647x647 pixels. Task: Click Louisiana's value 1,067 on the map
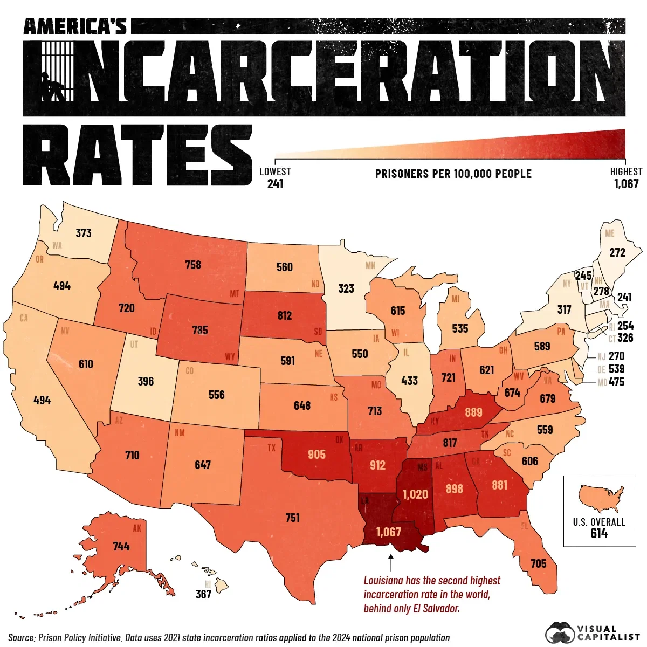click(389, 532)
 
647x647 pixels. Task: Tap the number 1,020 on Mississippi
click(415, 494)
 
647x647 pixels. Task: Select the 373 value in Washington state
click(84, 233)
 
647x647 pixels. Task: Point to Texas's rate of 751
click(292, 518)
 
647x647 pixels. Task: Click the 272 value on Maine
click(617, 252)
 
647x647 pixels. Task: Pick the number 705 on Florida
click(539, 564)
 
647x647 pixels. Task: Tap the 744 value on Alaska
click(121, 547)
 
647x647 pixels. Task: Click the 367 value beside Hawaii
click(203, 595)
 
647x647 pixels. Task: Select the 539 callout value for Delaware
click(616, 369)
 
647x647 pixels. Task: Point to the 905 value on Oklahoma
click(317, 455)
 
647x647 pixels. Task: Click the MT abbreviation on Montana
click(235, 294)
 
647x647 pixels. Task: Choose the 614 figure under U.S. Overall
click(599, 534)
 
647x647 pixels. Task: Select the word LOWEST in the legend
click(275, 172)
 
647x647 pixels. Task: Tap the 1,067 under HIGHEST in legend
click(626, 184)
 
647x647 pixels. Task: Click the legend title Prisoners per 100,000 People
click(453, 174)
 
